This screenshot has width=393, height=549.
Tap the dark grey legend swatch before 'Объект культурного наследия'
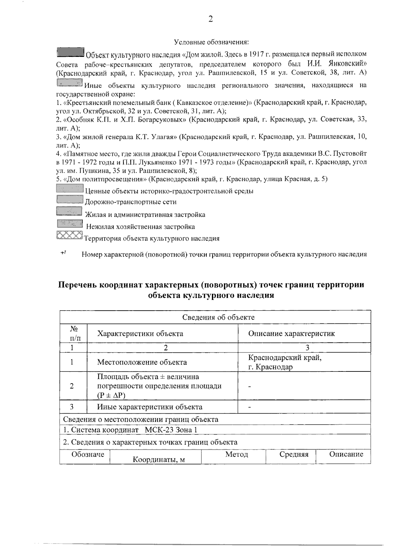click(70, 52)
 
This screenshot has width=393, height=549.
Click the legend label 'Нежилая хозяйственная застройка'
click(140, 227)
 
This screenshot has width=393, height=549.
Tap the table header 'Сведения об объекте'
click(218, 317)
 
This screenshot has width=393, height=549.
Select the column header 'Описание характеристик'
click(291, 334)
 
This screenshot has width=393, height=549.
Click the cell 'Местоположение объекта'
click(142, 362)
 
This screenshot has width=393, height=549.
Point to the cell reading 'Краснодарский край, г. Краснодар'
click(285, 362)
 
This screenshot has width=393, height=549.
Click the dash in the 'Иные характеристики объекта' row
click(250, 407)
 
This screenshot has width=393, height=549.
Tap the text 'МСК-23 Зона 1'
click(171, 430)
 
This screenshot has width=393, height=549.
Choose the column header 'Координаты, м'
click(159, 460)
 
